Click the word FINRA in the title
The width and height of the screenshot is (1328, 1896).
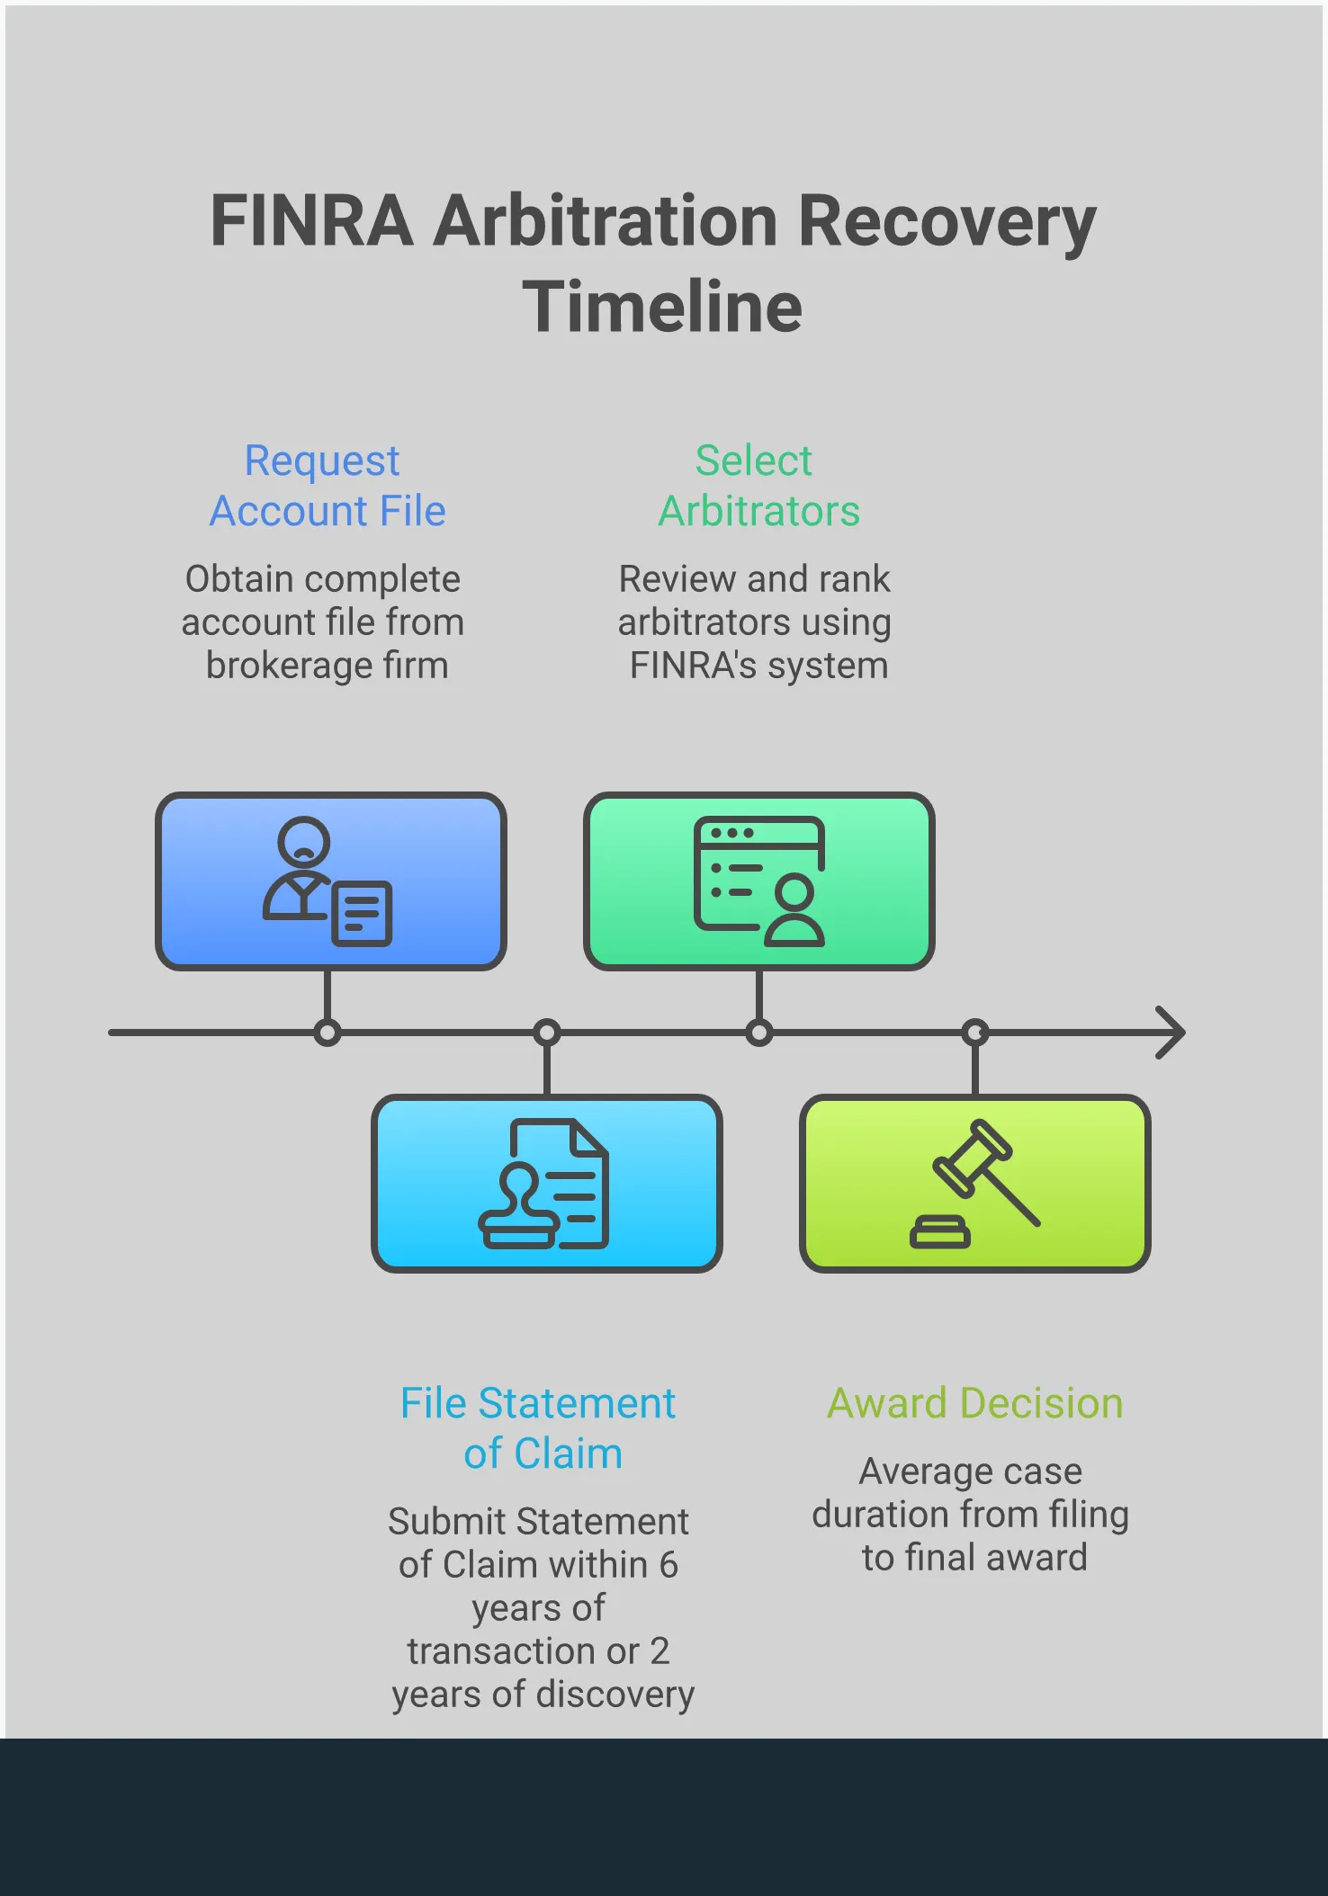click(311, 221)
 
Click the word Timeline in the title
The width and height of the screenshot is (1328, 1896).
click(662, 307)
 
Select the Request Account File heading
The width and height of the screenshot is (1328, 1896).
click(326, 486)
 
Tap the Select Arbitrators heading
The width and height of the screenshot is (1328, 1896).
click(758, 486)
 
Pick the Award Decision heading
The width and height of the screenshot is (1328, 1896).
click(974, 1403)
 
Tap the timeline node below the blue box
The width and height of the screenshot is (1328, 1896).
click(328, 1033)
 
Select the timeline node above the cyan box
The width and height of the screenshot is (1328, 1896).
click(546, 1033)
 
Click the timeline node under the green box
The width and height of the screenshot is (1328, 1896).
click(758, 1033)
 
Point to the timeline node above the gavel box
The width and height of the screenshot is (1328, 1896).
click(975, 1033)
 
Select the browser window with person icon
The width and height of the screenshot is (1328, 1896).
click(758, 881)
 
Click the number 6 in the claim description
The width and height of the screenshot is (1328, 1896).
click(668, 1565)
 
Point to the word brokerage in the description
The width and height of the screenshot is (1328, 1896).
click(289, 666)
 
